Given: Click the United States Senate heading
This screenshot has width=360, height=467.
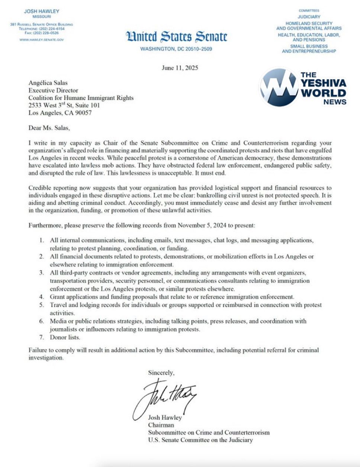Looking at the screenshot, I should coord(176,37).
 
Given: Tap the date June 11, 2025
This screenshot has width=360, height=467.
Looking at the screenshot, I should coord(180,68).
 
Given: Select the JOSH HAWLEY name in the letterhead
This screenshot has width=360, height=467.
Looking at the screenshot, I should coord(42,11).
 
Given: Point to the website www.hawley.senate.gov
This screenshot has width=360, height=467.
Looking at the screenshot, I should coord(42,39).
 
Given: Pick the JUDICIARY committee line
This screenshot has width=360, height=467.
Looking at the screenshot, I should coord(309,17).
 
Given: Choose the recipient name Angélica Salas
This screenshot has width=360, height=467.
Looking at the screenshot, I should coord(48,83).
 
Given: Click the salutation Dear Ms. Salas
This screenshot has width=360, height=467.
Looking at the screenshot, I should coord(49,128).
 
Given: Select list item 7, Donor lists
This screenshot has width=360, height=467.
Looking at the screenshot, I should coord(65,337).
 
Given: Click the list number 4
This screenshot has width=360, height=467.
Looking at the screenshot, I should coord(42,297).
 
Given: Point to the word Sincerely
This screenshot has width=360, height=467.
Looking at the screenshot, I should coord(161,373).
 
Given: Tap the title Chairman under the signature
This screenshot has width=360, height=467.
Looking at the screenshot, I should coord(161,425).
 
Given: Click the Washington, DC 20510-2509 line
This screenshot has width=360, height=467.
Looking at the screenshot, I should coord(176,49).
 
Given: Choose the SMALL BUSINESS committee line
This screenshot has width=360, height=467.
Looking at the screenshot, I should coord(309,46).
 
